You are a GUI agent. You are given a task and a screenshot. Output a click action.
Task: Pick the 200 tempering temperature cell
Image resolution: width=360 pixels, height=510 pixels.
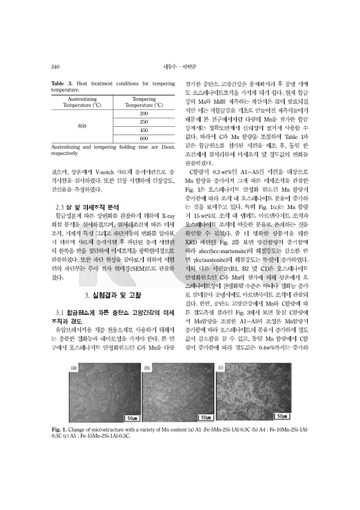143,113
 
